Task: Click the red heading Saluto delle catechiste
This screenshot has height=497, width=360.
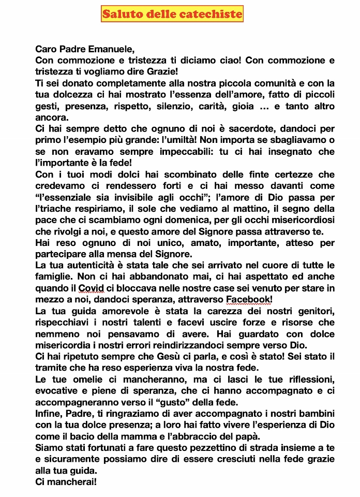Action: pyautogui.click(x=172, y=14)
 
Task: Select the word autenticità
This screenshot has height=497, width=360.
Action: pyautogui.click(x=92, y=265)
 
